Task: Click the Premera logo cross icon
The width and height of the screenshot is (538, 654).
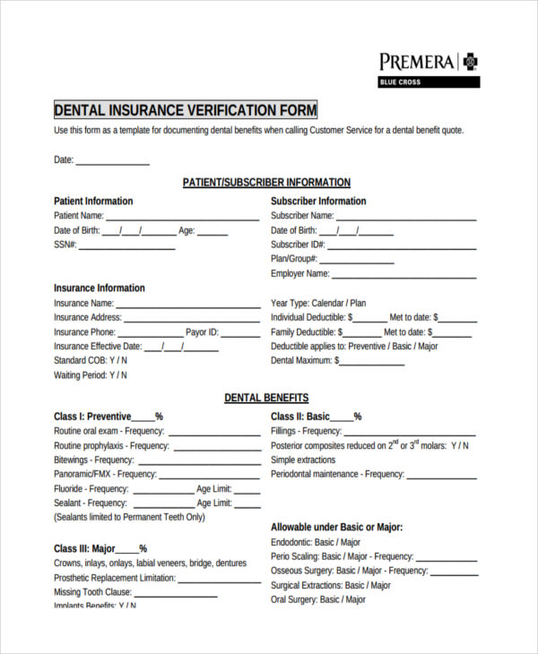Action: (x=470, y=62)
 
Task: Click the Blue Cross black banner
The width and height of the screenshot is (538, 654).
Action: (x=429, y=82)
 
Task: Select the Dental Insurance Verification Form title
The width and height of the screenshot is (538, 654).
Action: (x=186, y=110)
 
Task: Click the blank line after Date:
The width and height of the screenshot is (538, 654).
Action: (x=112, y=163)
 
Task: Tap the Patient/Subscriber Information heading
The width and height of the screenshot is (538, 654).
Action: (x=266, y=182)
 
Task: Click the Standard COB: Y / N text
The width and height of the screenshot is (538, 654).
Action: (x=91, y=360)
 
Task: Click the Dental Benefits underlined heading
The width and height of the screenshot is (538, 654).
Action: (x=266, y=398)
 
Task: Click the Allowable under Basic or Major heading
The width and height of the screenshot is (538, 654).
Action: (x=336, y=528)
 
